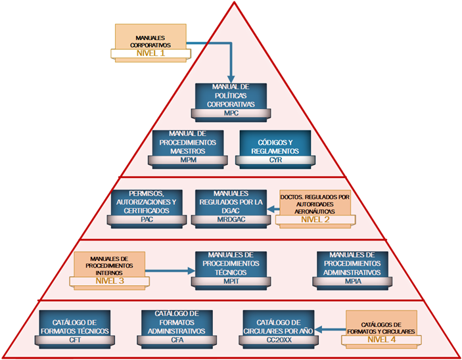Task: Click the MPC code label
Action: tap(231, 113)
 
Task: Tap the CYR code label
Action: tap(270, 160)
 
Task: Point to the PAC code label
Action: tap(145, 220)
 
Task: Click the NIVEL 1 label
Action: tap(150, 53)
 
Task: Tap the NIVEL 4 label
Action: tap(382, 340)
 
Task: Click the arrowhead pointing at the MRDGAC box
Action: tap(269, 208)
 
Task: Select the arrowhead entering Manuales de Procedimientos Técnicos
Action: tap(191, 270)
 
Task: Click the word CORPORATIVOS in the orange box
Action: tap(150, 45)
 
